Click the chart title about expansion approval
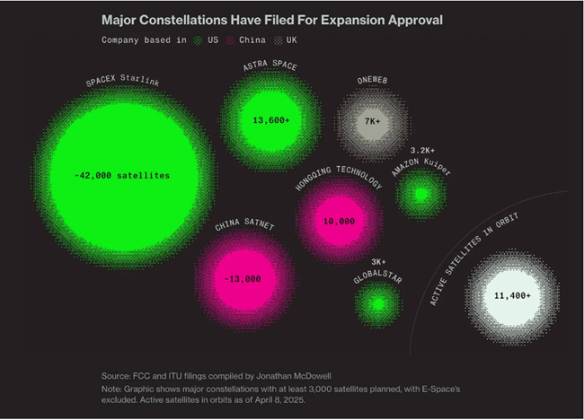point(272,19)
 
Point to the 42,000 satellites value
point(122,176)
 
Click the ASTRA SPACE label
point(270,66)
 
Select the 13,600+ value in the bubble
point(271,120)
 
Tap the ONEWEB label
point(371,77)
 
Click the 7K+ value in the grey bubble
point(373,121)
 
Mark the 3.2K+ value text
point(422,150)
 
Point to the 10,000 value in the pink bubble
point(340,221)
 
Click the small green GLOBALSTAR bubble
point(378,304)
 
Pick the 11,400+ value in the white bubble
point(512,295)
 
